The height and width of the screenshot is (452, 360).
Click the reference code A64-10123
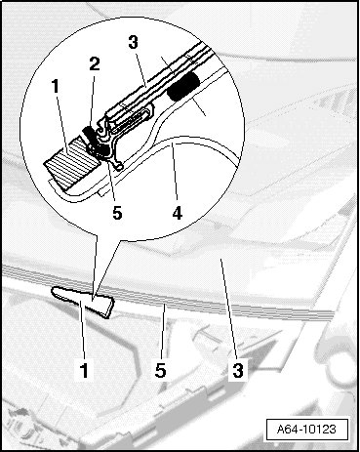(x=306, y=430)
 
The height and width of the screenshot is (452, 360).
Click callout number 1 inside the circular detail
(x=56, y=86)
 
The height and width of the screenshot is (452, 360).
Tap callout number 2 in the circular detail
(x=95, y=64)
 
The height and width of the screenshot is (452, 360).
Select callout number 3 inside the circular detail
(x=133, y=42)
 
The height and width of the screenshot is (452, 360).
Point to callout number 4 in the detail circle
(x=178, y=214)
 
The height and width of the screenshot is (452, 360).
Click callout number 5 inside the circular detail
(x=117, y=213)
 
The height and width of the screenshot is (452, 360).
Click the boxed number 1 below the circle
(x=84, y=371)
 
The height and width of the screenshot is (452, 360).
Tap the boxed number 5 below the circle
(x=160, y=370)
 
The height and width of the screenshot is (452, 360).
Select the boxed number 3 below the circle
(x=238, y=370)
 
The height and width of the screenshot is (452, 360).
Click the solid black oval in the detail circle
(x=183, y=86)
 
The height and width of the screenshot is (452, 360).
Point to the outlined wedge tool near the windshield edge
(x=84, y=301)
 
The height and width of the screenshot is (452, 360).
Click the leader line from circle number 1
(x=62, y=123)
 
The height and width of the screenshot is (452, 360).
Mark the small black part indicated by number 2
(x=90, y=134)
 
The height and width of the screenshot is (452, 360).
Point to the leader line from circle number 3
(x=141, y=69)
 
